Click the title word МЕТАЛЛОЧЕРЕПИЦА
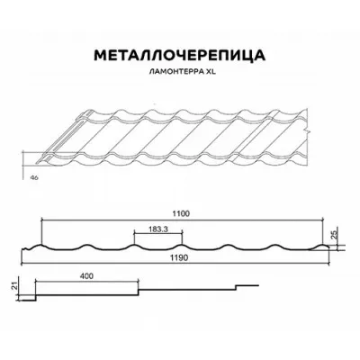click(x=180, y=56)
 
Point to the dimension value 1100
click(x=183, y=213)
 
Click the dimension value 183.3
click(x=158, y=229)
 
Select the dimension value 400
click(x=87, y=275)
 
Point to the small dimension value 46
click(x=34, y=177)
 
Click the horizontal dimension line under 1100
click(x=183, y=220)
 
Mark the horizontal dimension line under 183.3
click(x=158, y=233)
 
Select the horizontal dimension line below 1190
click(x=175, y=264)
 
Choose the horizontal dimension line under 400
click(x=87, y=281)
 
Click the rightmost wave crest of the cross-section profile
click(x=319, y=247)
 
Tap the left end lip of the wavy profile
click(x=26, y=248)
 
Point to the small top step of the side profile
click(x=247, y=285)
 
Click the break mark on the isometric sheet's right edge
click(x=307, y=131)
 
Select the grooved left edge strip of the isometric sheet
click(x=61, y=137)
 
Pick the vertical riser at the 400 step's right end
click(x=139, y=292)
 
